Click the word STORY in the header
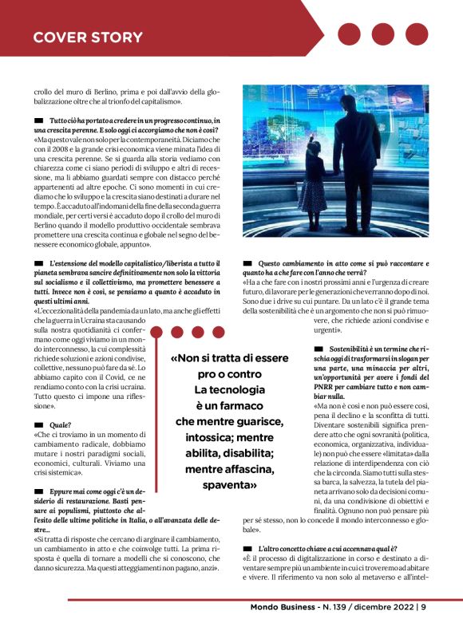point(112,37)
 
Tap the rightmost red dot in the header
point(417,34)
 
